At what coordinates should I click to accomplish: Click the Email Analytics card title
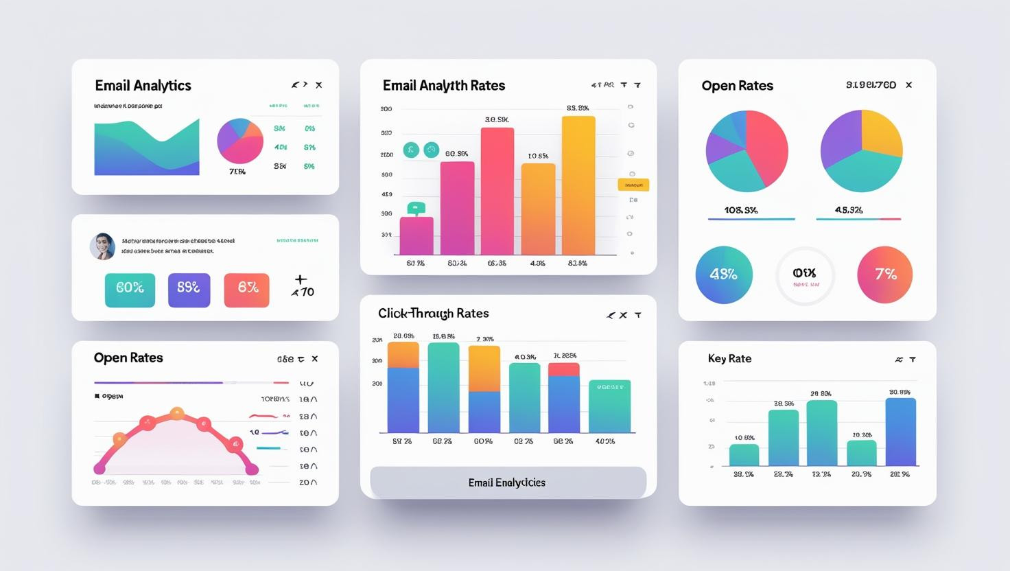(143, 86)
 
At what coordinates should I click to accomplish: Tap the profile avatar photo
(102, 246)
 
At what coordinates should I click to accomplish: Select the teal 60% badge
(130, 290)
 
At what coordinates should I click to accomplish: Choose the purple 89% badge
(189, 290)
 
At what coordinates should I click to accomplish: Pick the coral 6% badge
(246, 290)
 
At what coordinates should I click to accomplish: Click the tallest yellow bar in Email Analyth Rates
(578, 185)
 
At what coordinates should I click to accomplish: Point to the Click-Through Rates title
(433, 314)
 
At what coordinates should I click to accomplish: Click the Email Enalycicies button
(508, 482)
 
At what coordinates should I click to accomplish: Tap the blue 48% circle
(724, 275)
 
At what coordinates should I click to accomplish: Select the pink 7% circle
(884, 275)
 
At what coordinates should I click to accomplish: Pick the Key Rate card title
(729, 358)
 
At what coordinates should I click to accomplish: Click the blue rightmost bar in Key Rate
(900, 432)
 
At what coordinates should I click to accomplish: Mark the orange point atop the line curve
(177, 413)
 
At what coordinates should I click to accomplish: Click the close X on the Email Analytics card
(318, 85)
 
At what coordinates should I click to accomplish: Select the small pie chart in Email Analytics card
(240, 141)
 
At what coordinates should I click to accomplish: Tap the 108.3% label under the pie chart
(741, 210)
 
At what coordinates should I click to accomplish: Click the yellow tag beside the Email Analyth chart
(633, 185)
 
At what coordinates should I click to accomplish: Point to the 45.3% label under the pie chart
(849, 210)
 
